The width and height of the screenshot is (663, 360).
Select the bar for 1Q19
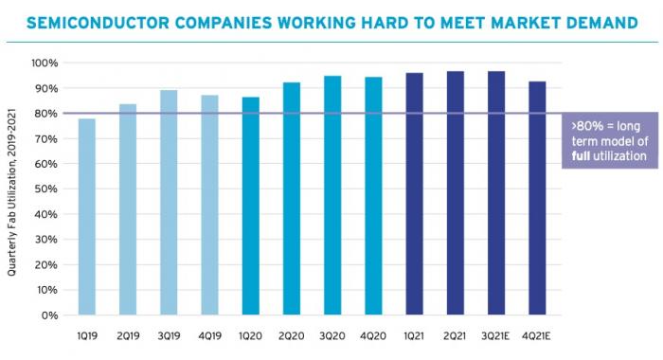pyautogui.click(x=87, y=217)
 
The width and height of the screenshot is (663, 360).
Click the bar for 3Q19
pyautogui.click(x=169, y=203)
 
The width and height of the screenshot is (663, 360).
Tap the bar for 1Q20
pyautogui.click(x=251, y=206)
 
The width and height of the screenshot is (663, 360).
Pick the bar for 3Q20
pyautogui.click(x=332, y=195)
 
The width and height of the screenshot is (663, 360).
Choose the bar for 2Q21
pyautogui.click(x=456, y=193)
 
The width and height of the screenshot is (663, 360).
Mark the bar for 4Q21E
pyautogui.click(x=537, y=198)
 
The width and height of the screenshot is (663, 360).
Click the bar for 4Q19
pyautogui.click(x=209, y=206)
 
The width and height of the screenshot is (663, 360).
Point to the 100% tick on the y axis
pyautogui.click(x=44, y=63)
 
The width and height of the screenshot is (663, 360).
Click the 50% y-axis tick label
pyautogui.click(x=46, y=189)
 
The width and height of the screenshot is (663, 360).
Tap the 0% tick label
pyautogui.click(x=49, y=315)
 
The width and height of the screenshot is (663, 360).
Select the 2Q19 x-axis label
pyautogui.click(x=128, y=336)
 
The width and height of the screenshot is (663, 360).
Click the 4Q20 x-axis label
pyautogui.click(x=373, y=336)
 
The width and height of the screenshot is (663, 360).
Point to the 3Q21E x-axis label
pyautogui.click(x=495, y=336)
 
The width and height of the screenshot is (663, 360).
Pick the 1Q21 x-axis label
pyautogui.click(x=414, y=336)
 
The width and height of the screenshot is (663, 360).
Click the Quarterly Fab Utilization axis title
pyautogui.click(x=11, y=192)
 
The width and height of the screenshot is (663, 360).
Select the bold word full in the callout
pyautogui.click(x=581, y=155)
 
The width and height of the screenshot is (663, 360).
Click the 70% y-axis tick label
pyautogui.click(x=46, y=138)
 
